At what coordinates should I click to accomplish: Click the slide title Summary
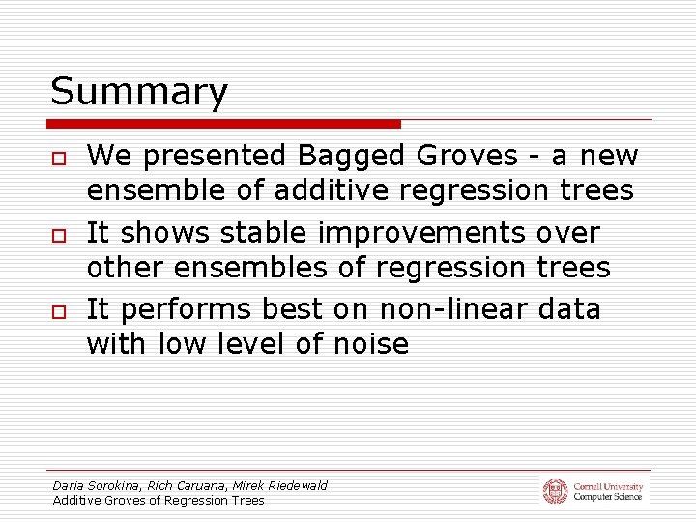click(x=139, y=93)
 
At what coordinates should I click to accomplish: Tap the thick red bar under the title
click(x=224, y=124)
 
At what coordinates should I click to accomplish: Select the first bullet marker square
click(x=59, y=158)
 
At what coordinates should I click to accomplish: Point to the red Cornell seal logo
click(x=555, y=491)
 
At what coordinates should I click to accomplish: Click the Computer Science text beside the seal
click(x=607, y=497)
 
